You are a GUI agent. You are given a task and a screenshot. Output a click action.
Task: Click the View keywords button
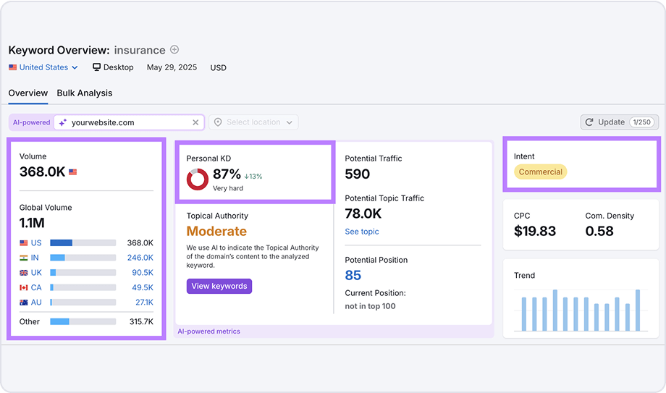click(x=219, y=286)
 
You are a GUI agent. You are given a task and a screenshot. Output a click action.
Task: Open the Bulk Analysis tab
click(x=84, y=93)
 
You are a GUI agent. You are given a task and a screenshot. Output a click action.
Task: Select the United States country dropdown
click(x=43, y=67)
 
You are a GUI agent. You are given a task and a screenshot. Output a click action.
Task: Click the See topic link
click(x=361, y=232)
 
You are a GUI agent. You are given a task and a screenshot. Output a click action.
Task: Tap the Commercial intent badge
click(x=540, y=172)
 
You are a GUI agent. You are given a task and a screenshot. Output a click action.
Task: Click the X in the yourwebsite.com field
click(x=195, y=122)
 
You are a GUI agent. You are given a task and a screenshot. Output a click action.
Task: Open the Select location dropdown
click(x=253, y=122)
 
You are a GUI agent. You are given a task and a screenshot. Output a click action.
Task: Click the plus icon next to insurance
click(x=174, y=50)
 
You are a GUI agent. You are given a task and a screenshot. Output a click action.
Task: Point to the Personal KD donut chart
click(x=198, y=179)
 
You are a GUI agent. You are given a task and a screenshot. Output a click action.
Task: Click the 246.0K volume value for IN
click(x=140, y=258)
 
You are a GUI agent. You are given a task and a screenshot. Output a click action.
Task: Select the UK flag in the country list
click(x=24, y=273)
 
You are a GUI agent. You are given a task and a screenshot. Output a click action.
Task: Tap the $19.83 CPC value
click(x=535, y=231)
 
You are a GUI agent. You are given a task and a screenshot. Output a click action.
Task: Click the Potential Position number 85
click(x=353, y=275)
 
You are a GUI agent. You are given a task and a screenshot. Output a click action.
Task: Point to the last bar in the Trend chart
click(x=638, y=310)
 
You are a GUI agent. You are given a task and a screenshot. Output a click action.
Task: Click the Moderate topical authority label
click(x=216, y=232)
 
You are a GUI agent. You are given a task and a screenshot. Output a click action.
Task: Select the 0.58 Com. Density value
click(x=599, y=231)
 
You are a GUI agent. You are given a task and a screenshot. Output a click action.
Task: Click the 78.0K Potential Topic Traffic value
click(x=363, y=214)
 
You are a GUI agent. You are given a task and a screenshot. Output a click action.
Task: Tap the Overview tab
click(x=28, y=93)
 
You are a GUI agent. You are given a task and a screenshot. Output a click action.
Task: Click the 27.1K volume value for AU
click(x=143, y=303)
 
